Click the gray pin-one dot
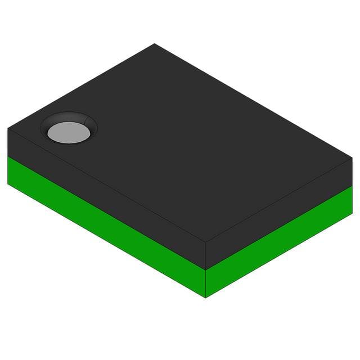(69, 133)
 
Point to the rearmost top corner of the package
(154, 44)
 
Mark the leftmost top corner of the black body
(8, 128)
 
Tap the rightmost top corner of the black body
(352, 159)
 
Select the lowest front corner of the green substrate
(205, 298)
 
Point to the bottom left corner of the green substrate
(8, 183)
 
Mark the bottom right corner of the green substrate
(352, 214)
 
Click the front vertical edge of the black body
(205, 256)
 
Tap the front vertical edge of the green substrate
(205, 283)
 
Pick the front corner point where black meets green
(205, 269)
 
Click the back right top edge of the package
(253, 101)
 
